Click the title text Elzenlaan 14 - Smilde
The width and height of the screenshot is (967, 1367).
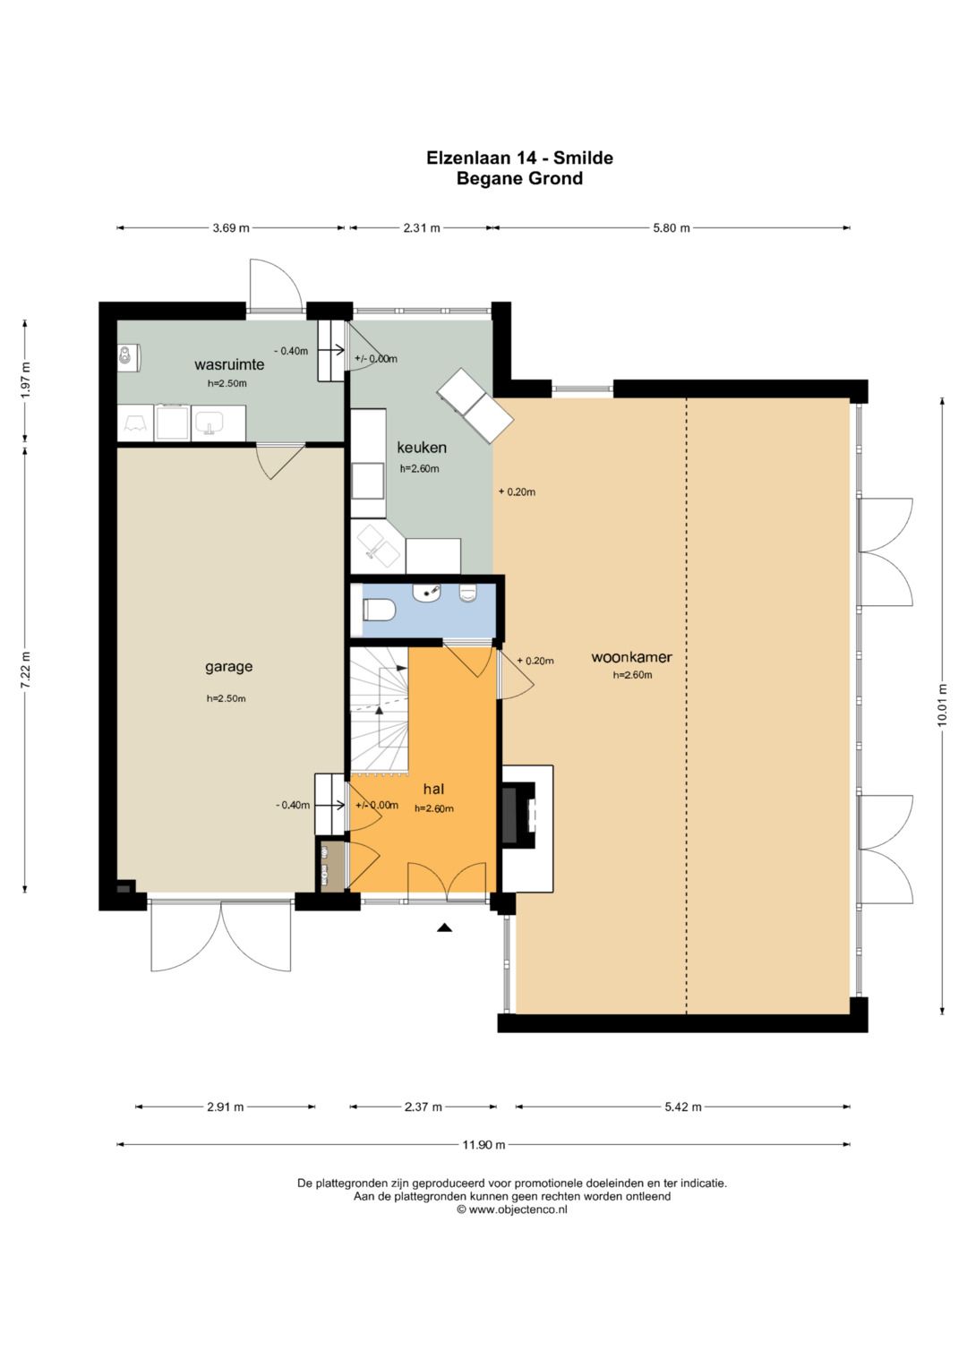(519, 158)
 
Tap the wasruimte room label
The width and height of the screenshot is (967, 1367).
(229, 364)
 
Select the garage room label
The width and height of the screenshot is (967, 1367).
(228, 667)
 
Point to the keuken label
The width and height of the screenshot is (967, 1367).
(421, 448)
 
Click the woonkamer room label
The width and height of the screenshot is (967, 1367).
(632, 657)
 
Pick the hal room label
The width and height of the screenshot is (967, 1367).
(433, 790)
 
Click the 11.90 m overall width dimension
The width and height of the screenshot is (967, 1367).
(483, 1145)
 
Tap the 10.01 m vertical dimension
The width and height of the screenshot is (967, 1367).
(942, 705)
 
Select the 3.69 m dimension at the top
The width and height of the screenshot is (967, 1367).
(231, 228)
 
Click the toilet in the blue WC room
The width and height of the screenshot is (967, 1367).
(380, 610)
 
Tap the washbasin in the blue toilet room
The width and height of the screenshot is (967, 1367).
(426, 592)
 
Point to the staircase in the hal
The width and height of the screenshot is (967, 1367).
(379, 710)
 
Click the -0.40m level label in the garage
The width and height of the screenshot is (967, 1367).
(293, 805)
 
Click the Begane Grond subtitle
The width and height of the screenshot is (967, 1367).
(519, 179)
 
